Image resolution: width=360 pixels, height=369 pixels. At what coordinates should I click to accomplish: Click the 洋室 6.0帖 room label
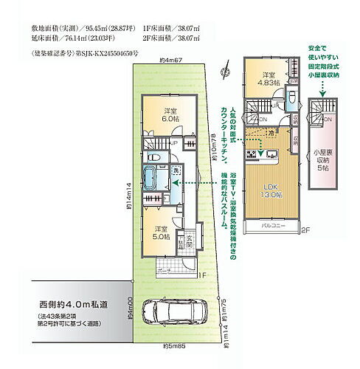pos(170,117)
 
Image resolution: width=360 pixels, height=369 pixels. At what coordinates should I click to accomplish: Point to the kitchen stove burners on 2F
pos(253,154)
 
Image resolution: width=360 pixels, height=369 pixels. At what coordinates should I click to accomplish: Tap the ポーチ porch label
pos(163,269)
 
